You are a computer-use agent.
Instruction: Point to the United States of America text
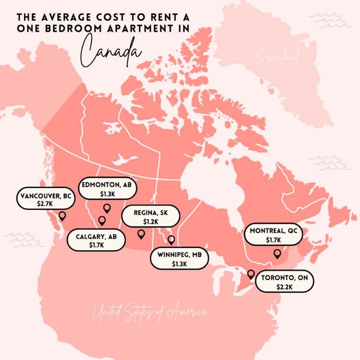(x=150, y=312)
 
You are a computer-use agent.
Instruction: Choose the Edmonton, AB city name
(x=107, y=185)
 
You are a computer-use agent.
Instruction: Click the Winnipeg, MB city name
(x=179, y=255)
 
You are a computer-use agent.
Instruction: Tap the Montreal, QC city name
(x=273, y=231)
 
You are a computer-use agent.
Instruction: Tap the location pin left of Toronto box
(x=250, y=274)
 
